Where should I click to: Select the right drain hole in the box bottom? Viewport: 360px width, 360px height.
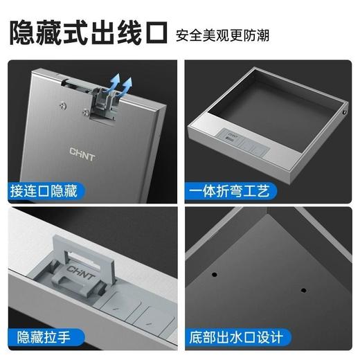[303, 287]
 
